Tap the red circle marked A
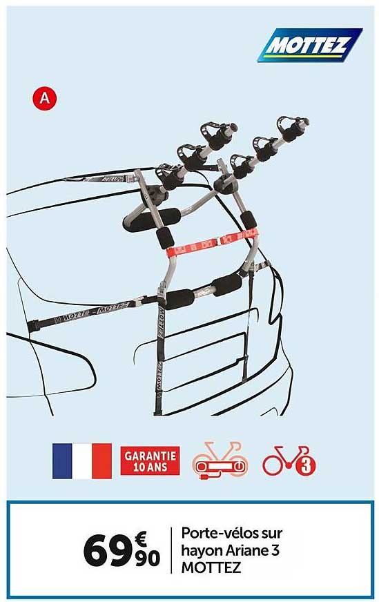[x=44, y=98]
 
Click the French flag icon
[x=81, y=460]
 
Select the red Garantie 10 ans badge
[x=150, y=460]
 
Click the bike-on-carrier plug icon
[x=219, y=460]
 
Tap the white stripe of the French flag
[x=81, y=460]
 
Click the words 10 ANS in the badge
[x=150, y=467]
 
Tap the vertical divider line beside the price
[x=171, y=550]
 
